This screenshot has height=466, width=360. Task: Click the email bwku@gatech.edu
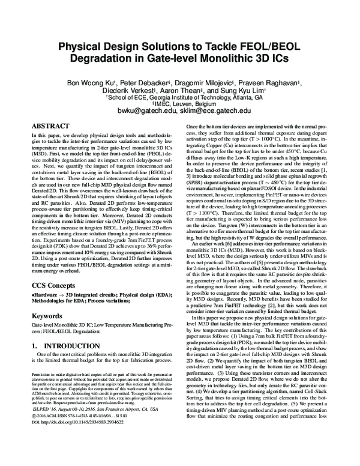145,111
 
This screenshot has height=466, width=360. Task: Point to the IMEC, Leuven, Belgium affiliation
179,103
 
